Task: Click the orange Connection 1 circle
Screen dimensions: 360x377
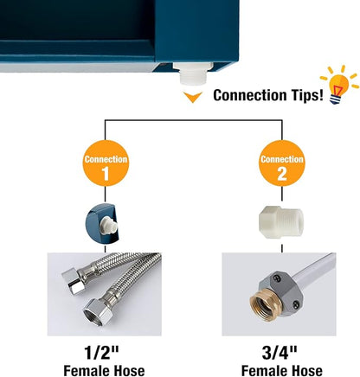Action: coord(106,163)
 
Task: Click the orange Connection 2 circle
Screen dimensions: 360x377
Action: coord(282,163)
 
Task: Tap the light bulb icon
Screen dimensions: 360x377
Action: coord(339,85)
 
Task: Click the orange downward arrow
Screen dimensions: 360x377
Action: coord(193,97)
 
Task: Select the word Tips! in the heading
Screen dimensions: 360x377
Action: coord(307,95)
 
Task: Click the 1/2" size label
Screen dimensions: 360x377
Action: coord(101,352)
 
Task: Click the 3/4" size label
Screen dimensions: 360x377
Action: coord(280,352)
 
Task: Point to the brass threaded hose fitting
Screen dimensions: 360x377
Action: coord(260,304)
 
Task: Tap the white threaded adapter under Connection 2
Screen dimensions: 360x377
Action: coord(281,222)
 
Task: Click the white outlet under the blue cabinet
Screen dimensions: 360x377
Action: coord(193,73)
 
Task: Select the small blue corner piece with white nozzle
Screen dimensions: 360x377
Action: coord(102,223)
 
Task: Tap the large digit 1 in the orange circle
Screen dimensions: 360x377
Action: coord(106,174)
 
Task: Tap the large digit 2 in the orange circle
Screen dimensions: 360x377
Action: coord(282,174)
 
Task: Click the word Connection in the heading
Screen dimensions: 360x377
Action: coord(250,95)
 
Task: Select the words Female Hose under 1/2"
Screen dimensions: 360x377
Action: coord(104,370)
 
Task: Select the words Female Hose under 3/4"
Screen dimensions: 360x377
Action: coord(281,370)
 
